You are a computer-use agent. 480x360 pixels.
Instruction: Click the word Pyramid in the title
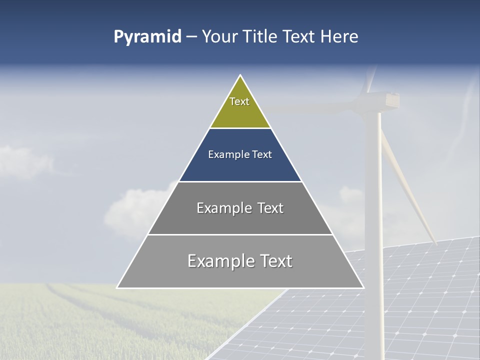pyautogui.click(x=147, y=37)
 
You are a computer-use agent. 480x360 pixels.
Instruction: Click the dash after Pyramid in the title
pyautogui.click(x=191, y=37)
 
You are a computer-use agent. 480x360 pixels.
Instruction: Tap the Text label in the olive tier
pyautogui.click(x=239, y=101)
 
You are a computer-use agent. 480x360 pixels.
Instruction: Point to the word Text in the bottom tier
pyautogui.click(x=274, y=261)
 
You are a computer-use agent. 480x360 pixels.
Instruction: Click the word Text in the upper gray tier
pyautogui.click(x=270, y=208)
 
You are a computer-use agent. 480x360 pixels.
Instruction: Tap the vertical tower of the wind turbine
pyautogui.click(x=372, y=200)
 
